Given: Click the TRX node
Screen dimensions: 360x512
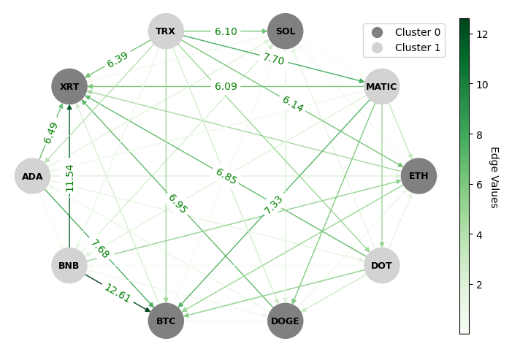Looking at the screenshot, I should point(166,31).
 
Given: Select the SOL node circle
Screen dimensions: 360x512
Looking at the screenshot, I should point(286,31).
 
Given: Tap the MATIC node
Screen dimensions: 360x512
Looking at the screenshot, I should point(382,87).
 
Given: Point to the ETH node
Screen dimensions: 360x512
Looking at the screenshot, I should point(419,176).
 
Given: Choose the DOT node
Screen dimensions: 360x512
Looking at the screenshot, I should point(382,265).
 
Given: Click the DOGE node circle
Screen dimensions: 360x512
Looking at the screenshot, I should point(286,321).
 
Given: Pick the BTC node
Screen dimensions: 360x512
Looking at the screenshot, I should point(166,321).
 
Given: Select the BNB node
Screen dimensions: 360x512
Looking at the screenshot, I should point(69,265).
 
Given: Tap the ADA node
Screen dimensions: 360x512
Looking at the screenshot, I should point(32,176).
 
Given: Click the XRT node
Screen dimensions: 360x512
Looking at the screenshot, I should point(69,87).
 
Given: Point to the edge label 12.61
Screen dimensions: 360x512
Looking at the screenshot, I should point(118,293).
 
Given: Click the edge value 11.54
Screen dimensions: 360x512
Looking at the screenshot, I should point(69,177).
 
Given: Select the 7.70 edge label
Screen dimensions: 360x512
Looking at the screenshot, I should point(273,59).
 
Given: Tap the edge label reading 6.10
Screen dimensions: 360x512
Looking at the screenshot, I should point(226,31).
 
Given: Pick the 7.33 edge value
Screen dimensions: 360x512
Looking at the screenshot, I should point(273,204).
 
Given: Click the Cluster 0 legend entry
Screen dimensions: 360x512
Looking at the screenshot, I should point(403,32).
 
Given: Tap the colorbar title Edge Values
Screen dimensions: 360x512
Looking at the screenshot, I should point(494,177).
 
